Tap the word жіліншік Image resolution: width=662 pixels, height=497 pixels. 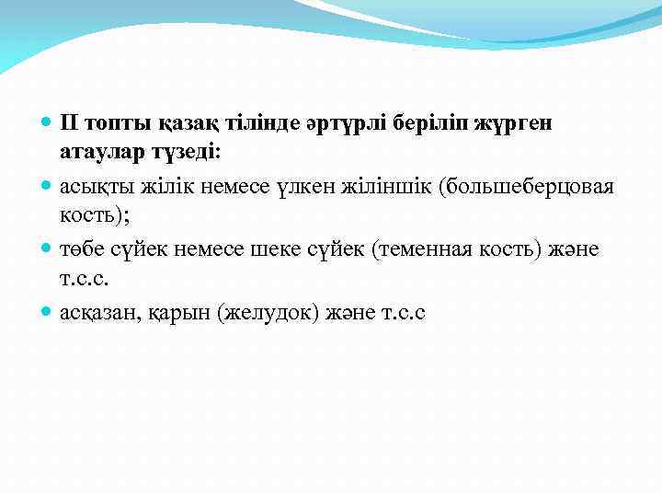(x=387, y=187)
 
